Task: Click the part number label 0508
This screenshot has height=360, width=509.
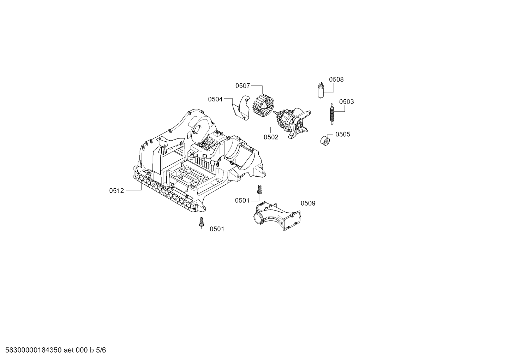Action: coord(336,79)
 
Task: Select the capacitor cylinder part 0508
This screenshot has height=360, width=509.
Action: coord(321,90)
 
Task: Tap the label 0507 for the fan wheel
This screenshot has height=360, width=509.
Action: coord(243,86)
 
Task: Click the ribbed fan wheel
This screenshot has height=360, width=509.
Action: coord(263,106)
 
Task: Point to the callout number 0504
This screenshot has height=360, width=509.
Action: coord(215,99)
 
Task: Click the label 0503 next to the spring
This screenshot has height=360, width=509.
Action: coord(347,102)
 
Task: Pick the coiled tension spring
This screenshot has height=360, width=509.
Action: coord(332,114)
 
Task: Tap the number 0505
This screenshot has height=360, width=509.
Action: coord(343,134)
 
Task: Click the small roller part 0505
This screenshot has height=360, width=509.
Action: coord(325,140)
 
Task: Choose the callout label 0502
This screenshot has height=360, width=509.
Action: coord(271,137)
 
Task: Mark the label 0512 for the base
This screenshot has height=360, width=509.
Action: coord(116,191)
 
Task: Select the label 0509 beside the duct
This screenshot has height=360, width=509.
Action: coord(308,203)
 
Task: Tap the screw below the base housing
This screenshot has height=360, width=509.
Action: coord(201,222)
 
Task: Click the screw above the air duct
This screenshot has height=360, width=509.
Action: coord(259,189)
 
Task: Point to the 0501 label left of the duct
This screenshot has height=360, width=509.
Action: coord(242,200)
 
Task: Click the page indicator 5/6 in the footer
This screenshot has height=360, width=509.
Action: coord(101,350)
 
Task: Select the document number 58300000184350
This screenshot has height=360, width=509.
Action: coord(34,350)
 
